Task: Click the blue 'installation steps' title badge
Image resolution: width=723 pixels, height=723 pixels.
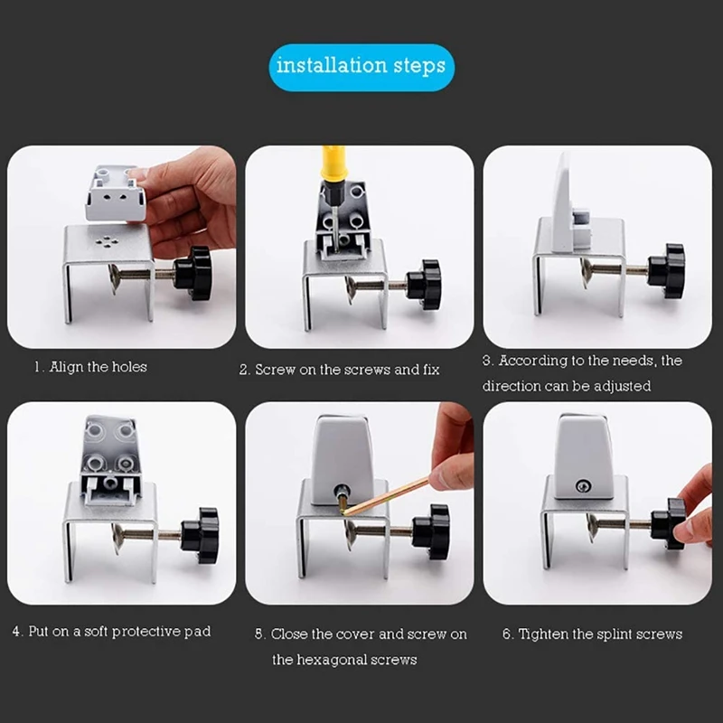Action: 361,67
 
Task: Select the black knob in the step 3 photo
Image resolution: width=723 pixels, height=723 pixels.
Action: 666,270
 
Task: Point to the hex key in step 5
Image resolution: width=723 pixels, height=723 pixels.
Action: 387,496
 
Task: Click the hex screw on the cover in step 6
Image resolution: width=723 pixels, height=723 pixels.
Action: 583,486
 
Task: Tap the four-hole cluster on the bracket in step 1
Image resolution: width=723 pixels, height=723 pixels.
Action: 107,241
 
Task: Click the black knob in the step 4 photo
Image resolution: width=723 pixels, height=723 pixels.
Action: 200,535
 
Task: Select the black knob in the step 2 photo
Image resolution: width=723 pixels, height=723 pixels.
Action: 424,279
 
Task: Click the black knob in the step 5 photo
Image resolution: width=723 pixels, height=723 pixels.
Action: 431,531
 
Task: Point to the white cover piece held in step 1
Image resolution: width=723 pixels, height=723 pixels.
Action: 117,192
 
